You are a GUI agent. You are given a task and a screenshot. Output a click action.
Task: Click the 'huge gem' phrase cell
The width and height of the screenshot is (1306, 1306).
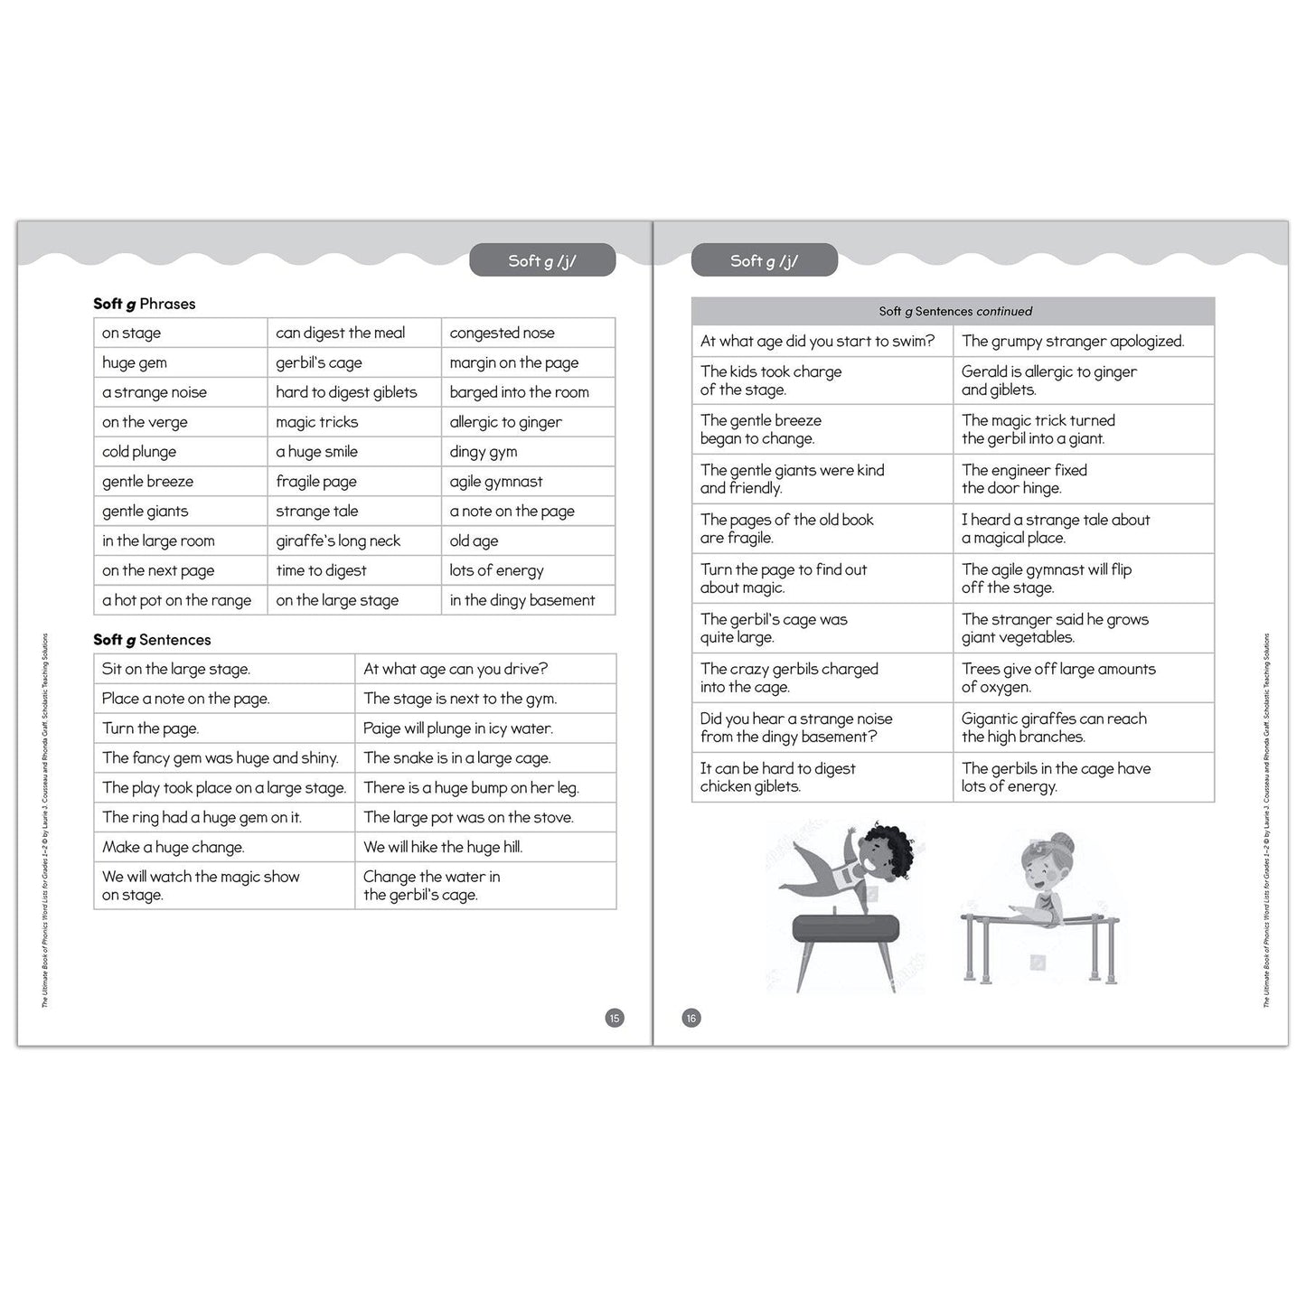[x=135, y=362]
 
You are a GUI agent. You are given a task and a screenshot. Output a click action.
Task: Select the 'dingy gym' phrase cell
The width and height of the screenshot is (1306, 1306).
[x=484, y=452]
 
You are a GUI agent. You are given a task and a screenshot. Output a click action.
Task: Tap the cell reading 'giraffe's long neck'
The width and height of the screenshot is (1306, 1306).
[x=338, y=540]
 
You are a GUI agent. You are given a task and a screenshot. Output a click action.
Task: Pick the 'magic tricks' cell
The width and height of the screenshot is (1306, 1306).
[x=317, y=422]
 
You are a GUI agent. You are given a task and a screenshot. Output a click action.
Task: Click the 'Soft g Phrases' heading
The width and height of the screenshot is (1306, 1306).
[x=145, y=304]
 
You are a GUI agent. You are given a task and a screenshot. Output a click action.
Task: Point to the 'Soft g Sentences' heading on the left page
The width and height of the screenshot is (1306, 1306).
[x=152, y=640]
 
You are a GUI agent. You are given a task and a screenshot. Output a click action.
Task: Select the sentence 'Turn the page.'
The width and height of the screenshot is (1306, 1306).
[x=151, y=728]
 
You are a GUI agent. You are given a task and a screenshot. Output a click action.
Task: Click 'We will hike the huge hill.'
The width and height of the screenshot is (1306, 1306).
[x=443, y=847]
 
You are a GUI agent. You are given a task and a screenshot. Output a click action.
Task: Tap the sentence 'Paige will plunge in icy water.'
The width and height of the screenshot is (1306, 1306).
[x=458, y=728]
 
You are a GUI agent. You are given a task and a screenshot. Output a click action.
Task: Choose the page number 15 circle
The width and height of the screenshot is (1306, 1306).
[x=615, y=1019]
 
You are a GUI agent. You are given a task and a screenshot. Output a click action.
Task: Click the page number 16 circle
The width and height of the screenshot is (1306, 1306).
[x=691, y=1019]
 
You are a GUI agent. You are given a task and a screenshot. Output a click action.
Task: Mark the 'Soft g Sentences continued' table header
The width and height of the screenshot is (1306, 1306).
[x=954, y=311]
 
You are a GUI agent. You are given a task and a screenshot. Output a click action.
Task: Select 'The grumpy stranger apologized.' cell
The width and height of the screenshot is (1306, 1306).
[x=1073, y=342]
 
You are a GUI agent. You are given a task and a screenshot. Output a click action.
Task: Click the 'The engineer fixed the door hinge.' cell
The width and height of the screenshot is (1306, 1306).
[x=1024, y=479]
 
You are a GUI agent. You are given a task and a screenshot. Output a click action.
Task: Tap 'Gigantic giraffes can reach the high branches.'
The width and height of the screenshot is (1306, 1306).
[x=1054, y=728]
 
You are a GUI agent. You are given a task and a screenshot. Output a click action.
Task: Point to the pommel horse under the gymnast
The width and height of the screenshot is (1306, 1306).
[x=847, y=928]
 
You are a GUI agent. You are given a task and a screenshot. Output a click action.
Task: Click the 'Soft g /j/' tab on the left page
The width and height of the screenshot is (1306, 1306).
[x=542, y=261]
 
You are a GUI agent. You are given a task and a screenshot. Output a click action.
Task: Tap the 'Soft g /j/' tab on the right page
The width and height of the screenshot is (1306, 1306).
[x=765, y=261]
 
